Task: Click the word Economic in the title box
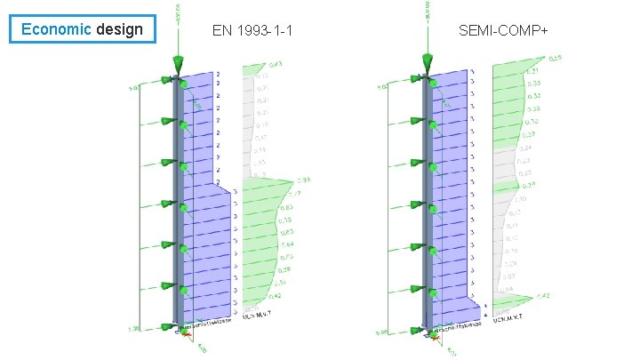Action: coord(56,29)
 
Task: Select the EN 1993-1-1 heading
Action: coord(253,32)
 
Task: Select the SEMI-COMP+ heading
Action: coord(503,32)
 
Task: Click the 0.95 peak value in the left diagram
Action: coord(303,180)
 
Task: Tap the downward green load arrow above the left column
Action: coord(179,63)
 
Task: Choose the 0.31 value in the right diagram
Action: coord(532,71)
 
